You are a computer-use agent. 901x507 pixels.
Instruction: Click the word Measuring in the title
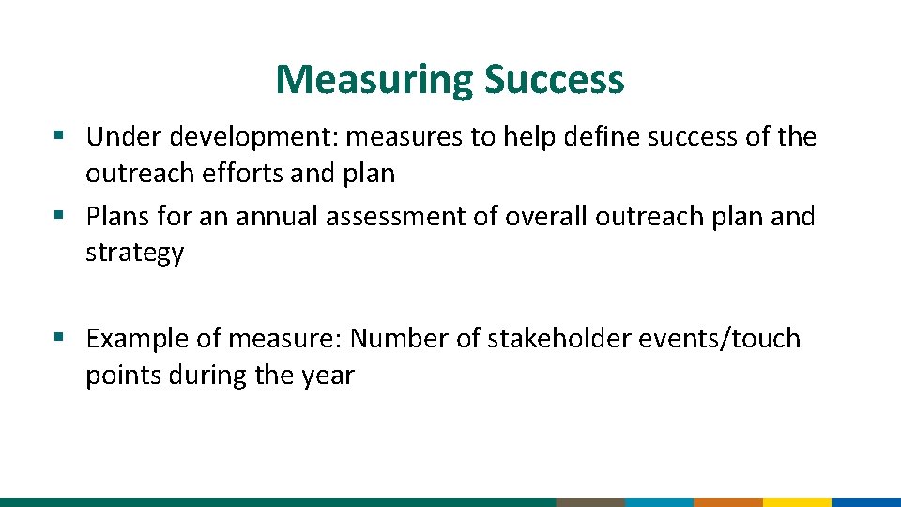click(x=374, y=80)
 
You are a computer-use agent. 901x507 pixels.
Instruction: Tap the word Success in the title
click(x=554, y=80)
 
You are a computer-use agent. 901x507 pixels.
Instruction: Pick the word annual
click(x=277, y=217)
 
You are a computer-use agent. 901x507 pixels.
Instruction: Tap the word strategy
click(x=134, y=254)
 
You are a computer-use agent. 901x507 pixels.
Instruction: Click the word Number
click(x=401, y=338)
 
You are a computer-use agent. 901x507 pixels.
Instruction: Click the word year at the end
click(x=328, y=376)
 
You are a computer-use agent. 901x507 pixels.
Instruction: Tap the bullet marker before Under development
click(x=59, y=137)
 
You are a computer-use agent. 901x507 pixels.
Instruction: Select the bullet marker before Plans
click(x=59, y=217)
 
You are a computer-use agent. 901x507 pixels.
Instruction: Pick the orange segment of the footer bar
click(x=728, y=501)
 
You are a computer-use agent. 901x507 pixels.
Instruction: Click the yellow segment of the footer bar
click(x=797, y=501)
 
